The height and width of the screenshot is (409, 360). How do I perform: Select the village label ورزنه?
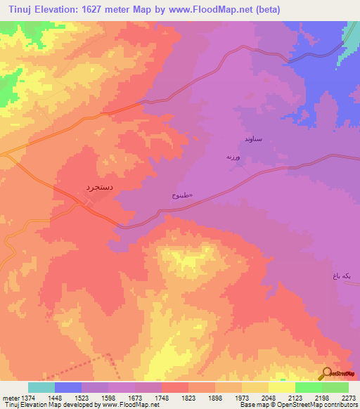[233, 157]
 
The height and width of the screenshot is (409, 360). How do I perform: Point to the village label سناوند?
[253, 139]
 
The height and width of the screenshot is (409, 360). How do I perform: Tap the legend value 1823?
[174, 397]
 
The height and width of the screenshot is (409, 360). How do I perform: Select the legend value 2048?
[255, 397]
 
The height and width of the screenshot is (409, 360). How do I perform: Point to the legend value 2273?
[335, 397]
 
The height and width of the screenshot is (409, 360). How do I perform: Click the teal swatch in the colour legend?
[41, 387]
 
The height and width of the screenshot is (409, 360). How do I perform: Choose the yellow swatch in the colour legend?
[281, 387]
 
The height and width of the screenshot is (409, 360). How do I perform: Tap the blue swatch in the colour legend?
[68, 387]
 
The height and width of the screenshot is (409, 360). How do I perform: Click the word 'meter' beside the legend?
[8, 397]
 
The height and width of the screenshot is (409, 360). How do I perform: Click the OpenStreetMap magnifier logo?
[326, 373]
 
